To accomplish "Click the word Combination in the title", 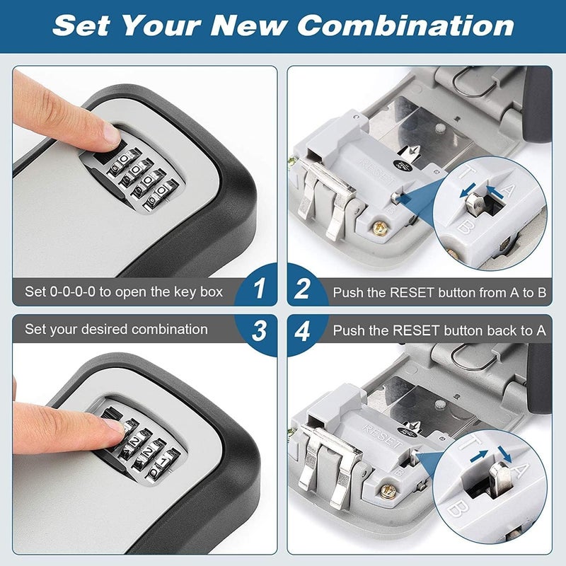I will click(405, 25).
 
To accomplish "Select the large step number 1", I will click(260, 289).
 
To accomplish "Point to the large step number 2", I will click(303, 289).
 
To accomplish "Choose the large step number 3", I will click(260, 330).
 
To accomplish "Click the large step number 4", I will click(303, 330).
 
